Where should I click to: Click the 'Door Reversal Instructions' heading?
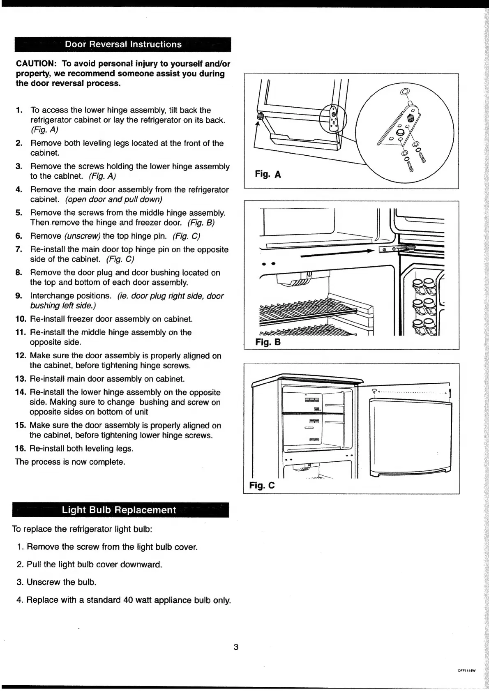pyautogui.click(x=123, y=44)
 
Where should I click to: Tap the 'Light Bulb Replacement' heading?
pyautogui.click(x=119, y=510)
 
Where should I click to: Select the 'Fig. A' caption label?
pyautogui.click(x=268, y=174)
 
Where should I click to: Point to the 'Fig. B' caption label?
pyautogui.click(x=268, y=342)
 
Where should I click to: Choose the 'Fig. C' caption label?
pyautogui.click(x=262, y=486)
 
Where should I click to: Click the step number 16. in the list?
pyautogui.click(x=21, y=448)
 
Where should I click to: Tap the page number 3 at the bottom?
pyautogui.click(x=236, y=647)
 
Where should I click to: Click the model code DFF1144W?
pyautogui.click(x=466, y=671)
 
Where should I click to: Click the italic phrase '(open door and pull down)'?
pyautogui.click(x=113, y=199)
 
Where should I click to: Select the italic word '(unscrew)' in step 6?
pyautogui.click(x=82, y=236)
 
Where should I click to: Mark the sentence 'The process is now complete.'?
pyautogui.click(x=70, y=462)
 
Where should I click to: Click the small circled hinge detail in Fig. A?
pyautogui.click(x=333, y=117)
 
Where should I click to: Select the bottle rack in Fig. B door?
pyautogui.click(x=421, y=304)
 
